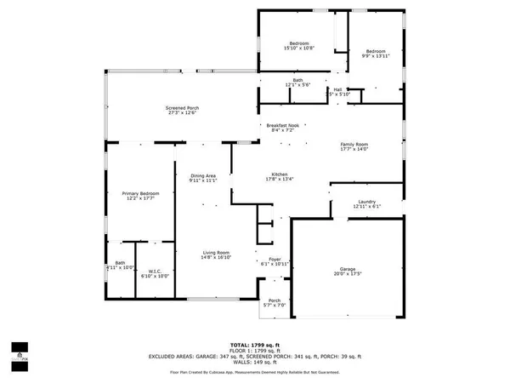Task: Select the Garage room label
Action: click(x=348, y=269)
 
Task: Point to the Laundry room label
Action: click(x=366, y=202)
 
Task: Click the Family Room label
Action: click(x=357, y=145)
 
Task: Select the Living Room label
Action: click(x=216, y=252)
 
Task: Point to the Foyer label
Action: click(x=275, y=258)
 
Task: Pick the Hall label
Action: click(x=337, y=89)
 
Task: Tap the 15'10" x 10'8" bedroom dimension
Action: click(x=298, y=49)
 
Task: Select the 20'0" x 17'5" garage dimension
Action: click(x=348, y=274)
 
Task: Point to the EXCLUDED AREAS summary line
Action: click(x=254, y=356)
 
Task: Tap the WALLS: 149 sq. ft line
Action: click(x=254, y=362)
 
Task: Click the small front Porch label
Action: click(x=275, y=300)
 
